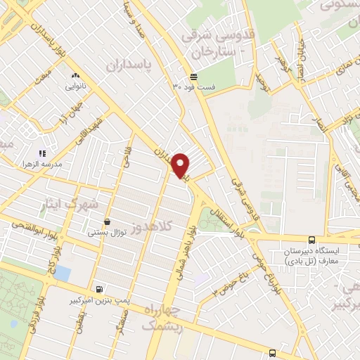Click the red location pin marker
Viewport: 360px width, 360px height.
point(181,165)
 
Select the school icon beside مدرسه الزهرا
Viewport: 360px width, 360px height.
point(42,153)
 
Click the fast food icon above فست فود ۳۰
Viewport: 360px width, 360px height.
point(193,77)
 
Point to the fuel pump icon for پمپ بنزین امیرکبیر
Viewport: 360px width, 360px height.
point(98,289)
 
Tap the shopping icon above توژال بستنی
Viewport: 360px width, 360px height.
point(106,221)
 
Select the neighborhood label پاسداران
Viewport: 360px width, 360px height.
point(129,65)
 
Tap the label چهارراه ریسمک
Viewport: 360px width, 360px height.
point(161,319)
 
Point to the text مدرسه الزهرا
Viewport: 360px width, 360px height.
point(65,164)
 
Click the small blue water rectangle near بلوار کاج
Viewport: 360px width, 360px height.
point(62,273)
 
